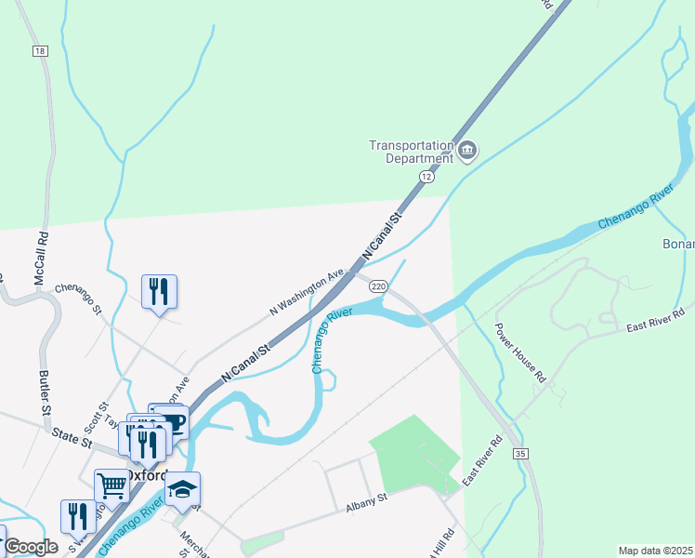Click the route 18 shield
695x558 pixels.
click(39, 51)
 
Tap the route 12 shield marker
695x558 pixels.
click(426, 176)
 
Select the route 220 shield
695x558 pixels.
click(378, 286)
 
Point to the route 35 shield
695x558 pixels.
click(520, 453)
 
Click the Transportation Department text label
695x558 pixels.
click(411, 151)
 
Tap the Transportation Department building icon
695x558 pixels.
click(467, 150)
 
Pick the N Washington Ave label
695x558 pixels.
click(307, 292)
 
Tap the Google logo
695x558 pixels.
click(31, 547)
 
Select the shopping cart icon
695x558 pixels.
click(112, 484)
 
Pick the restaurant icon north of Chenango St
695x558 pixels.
click(159, 291)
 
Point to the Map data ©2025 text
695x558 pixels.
click(655, 551)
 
